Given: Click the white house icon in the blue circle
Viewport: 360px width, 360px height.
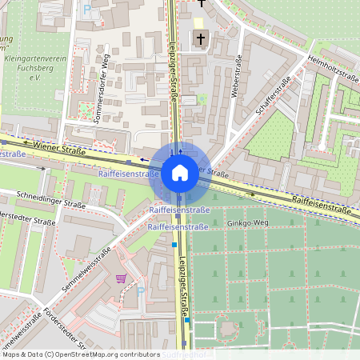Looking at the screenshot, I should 180,172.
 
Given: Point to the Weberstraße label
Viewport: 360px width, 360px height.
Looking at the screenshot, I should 235,77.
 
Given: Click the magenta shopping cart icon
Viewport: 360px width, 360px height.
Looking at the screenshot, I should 121,278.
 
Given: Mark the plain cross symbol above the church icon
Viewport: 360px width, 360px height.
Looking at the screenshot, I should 202,4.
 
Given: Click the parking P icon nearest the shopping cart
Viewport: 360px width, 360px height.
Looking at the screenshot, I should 141,292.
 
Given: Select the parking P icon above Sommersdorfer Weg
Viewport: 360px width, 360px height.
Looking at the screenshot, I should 87,10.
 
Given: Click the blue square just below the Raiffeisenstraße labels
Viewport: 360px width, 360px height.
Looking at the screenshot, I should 174,246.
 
